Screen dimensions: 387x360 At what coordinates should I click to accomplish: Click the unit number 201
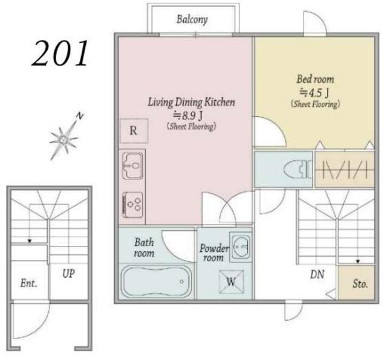[60, 54]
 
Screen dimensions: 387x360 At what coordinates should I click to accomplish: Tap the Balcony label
[192, 19]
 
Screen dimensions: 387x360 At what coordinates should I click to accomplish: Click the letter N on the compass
[79, 115]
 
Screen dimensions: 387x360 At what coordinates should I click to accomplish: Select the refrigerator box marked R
[134, 130]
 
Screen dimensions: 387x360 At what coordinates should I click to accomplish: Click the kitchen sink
[132, 166]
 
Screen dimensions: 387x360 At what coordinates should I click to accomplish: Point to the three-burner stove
[132, 205]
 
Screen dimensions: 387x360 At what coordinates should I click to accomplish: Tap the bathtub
[157, 281]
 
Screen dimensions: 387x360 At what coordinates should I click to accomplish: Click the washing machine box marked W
[231, 281]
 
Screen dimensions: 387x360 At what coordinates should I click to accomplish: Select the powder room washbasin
[241, 246]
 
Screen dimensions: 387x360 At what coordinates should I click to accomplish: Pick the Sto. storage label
[360, 284]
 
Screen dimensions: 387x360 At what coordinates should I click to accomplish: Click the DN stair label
[317, 274]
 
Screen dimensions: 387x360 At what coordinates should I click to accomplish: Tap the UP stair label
[68, 274]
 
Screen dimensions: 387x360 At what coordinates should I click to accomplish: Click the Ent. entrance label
[29, 283]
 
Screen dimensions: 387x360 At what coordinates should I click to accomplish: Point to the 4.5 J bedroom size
[314, 93]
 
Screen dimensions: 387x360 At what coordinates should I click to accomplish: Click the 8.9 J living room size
[188, 115]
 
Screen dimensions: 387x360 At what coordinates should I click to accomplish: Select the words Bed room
[315, 79]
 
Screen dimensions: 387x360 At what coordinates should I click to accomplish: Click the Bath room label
[145, 248]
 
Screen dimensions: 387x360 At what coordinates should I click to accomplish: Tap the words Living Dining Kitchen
[191, 102]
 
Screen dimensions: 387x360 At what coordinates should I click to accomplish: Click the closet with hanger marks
[345, 170]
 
